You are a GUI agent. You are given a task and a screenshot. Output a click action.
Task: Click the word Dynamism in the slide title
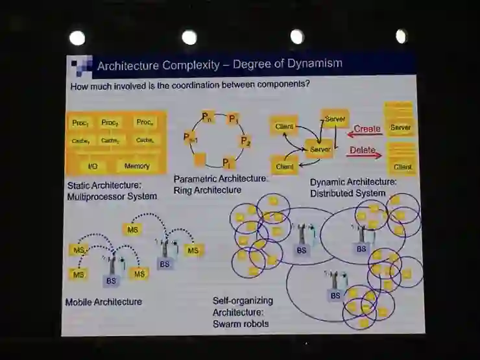312,64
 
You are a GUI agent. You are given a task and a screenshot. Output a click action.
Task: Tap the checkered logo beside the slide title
81,66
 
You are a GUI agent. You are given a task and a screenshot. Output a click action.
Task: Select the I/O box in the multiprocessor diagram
93,166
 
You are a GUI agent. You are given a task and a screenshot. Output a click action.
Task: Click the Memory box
137,166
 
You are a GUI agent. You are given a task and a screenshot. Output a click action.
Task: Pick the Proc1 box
81,123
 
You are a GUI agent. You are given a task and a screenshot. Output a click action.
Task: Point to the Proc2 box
110,123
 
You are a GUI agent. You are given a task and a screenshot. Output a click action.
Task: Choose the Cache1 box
81,140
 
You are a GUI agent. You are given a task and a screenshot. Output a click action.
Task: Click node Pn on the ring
207,117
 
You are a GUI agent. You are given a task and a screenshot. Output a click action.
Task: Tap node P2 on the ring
245,140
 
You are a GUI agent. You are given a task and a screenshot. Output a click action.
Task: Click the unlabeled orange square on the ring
200,158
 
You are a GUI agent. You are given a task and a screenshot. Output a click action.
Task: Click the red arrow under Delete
366,156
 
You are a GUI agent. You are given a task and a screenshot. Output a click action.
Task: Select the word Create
367,128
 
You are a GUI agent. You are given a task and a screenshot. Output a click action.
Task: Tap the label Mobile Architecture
104,302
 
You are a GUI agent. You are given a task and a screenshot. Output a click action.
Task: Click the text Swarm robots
241,323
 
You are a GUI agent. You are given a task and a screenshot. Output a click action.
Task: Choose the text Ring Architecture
208,190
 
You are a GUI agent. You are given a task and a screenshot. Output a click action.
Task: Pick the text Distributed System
348,193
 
